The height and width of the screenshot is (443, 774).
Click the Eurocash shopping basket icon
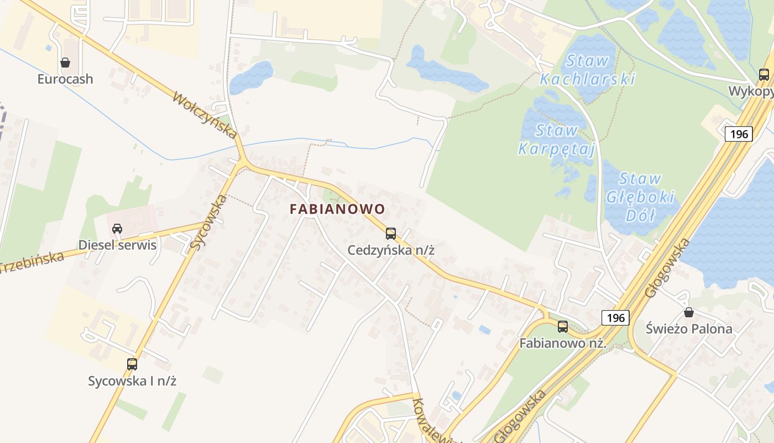pos(65,63)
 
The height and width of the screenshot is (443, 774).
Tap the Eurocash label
pos(65,79)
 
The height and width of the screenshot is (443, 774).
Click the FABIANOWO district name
pos(337,209)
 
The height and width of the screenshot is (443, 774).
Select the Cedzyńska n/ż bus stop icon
pos(391,234)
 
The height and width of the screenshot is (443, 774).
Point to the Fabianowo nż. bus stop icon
pos(563,327)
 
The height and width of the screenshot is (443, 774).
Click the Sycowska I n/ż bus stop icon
pos(132,364)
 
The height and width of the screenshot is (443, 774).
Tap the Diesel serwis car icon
pos(117,228)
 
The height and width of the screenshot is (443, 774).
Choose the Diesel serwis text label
pos(117,245)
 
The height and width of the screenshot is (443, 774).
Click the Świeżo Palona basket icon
pos(689,312)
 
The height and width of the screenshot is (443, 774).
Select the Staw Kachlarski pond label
pos(587,70)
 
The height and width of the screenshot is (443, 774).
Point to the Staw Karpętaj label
pos(556,140)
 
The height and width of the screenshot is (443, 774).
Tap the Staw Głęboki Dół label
pos(640,197)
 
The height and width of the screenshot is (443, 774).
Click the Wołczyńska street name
pos(205,115)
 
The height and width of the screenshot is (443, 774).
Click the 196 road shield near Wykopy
pos(739,133)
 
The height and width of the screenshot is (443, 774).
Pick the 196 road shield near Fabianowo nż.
pos(615,317)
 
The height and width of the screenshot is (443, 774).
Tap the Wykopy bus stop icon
pos(764,75)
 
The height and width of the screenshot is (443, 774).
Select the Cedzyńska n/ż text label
pos(391,250)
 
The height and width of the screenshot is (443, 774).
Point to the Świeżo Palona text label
pos(689,329)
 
